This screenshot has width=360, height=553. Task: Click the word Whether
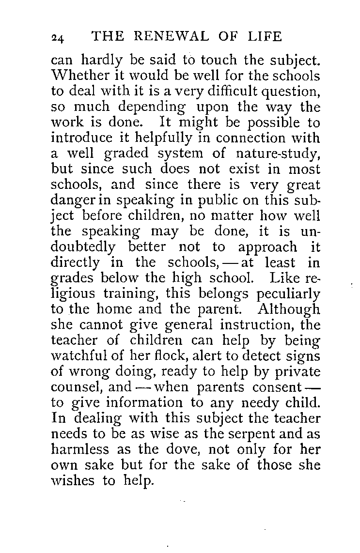pos(79,76)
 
